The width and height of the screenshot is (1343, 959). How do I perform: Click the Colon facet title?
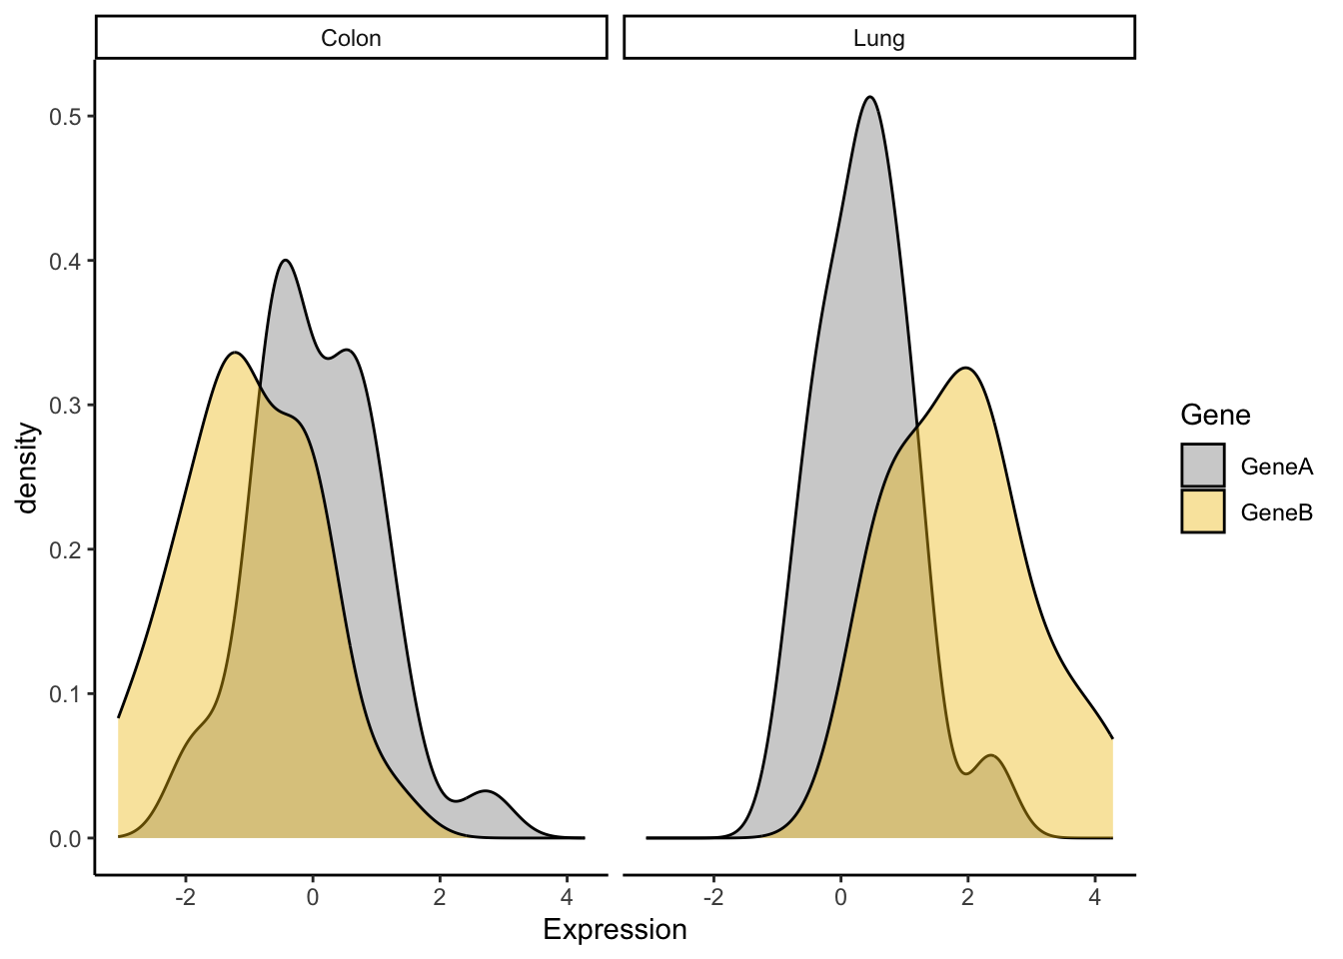tap(351, 38)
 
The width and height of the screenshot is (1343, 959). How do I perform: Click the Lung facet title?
tap(878, 38)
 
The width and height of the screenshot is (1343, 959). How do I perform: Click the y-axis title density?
tap(27, 468)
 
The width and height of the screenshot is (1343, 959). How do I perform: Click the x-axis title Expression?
tap(615, 930)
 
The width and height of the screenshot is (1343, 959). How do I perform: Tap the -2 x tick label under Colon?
tap(185, 897)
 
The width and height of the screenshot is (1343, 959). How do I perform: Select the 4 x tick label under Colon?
tap(567, 897)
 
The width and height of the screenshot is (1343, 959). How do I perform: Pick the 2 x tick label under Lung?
tap(967, 897)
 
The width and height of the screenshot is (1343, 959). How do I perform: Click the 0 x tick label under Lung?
tap(840, 897)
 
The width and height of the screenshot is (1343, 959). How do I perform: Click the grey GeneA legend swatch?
tap(1202, 466)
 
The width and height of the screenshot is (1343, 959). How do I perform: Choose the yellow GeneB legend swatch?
tap(1202, 511)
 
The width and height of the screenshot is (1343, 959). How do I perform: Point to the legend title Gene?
tap(1215, 415)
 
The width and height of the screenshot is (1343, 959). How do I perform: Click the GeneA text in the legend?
tap(1276, 467)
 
